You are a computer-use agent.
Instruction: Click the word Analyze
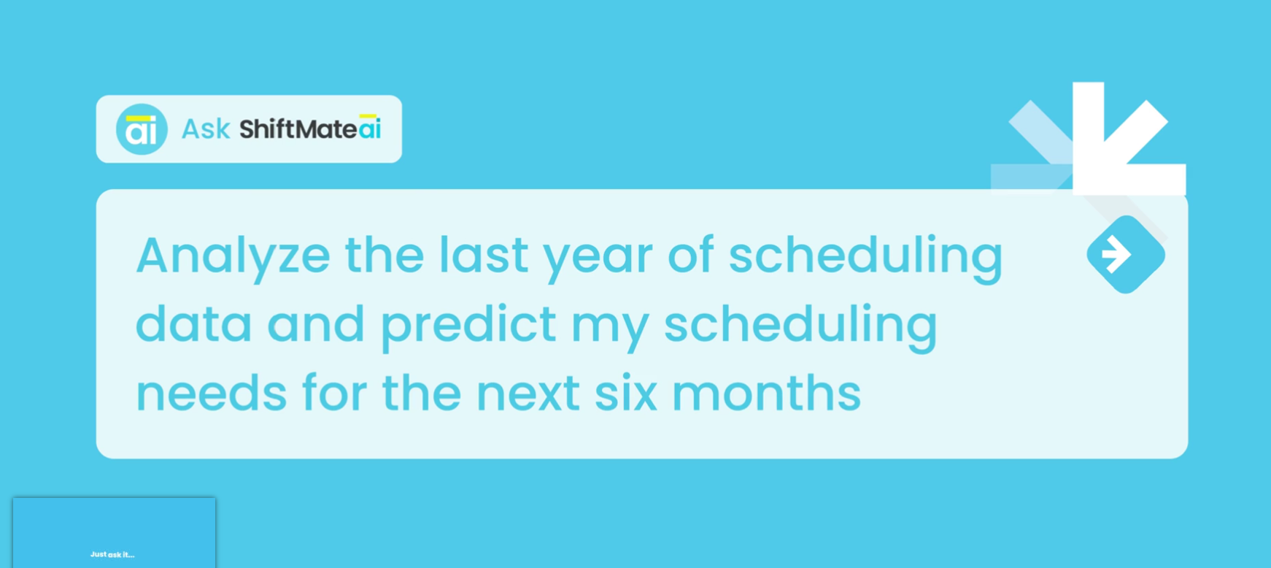point(233,256)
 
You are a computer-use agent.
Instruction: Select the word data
point(193,324)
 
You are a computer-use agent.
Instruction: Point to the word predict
point(468,326)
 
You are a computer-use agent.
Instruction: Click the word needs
point(211,394)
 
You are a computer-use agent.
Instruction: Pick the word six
point(625,394)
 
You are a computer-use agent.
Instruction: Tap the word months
point(766,394)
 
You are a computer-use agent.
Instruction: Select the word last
point(483,256)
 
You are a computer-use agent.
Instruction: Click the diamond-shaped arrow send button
point(1125,255)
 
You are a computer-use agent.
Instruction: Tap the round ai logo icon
point(142,129)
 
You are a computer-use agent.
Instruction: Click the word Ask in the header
point(206,129)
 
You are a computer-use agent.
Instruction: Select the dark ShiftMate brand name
point(298,129)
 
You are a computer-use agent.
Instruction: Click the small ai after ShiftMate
point(370,128)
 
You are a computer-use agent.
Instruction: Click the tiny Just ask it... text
point(112,555)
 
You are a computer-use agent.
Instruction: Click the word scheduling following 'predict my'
point(800,326)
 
